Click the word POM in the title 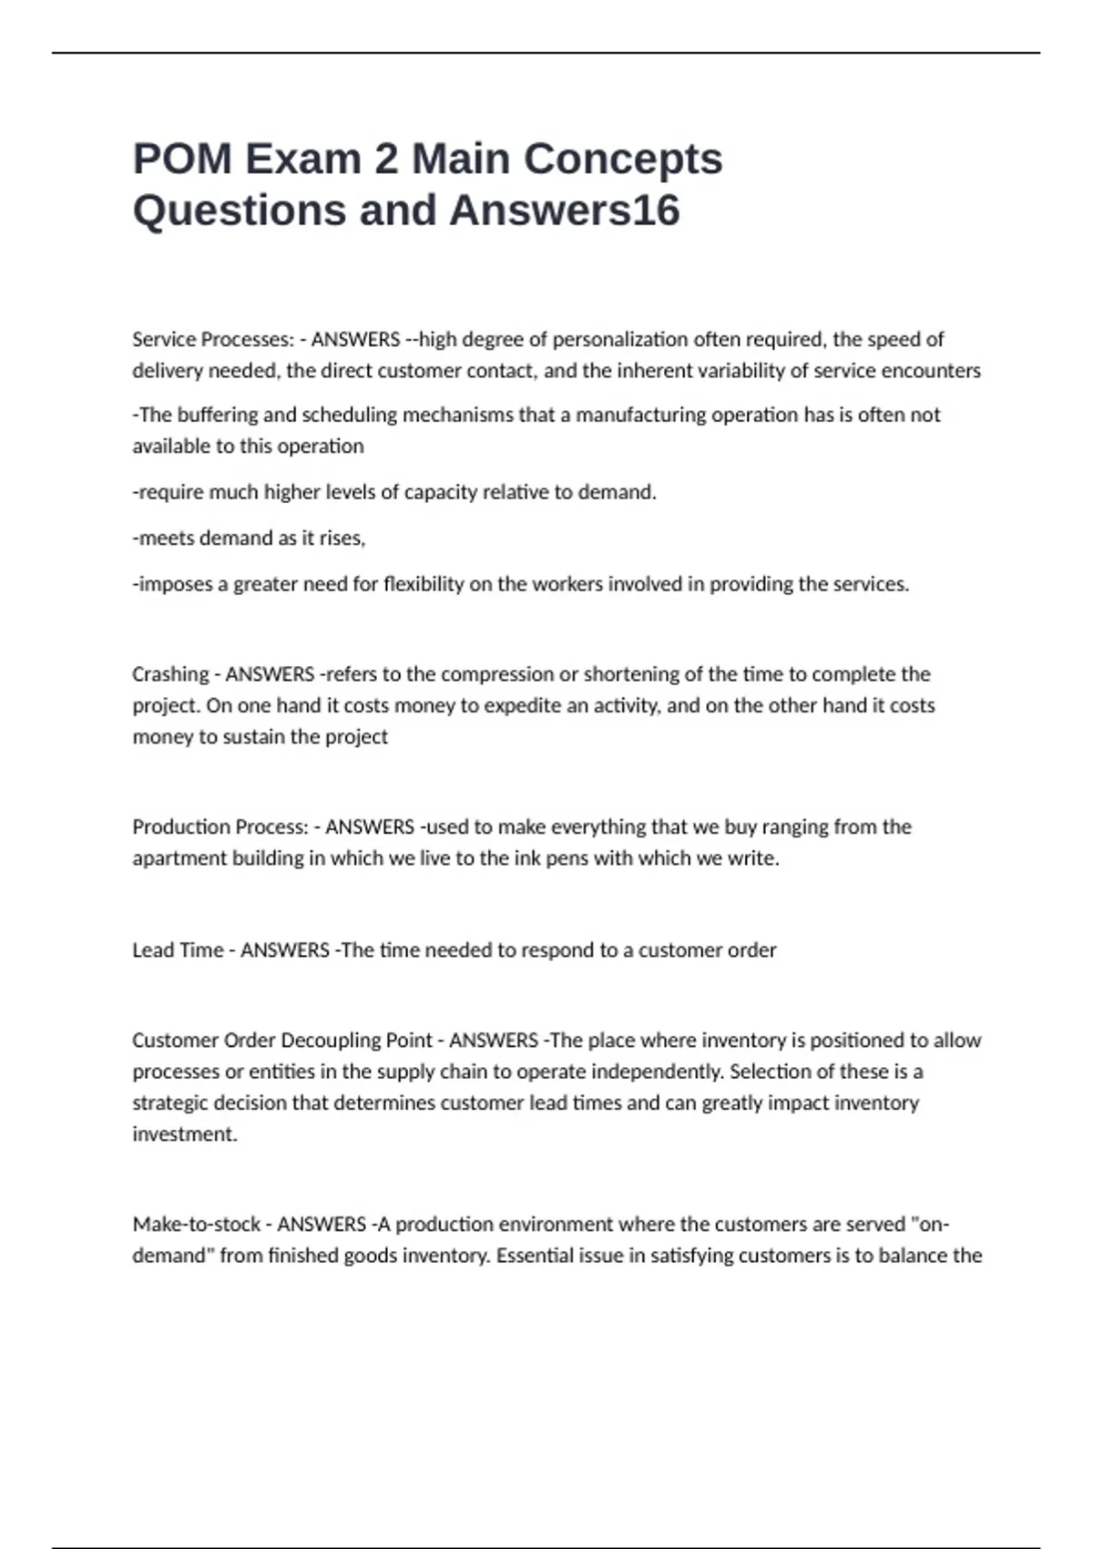pyautogui.click(x=182, y=159)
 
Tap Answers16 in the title pyautogui.click(x=565, y=210)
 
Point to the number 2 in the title pyautogui.click(x=385, y=159)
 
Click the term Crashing pyautogui.click(x=170, y=674)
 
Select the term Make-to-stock pyautogui.click(x=196, y=1224)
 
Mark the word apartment pyautogui.click(x=176, y=858)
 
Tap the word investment pyautogui.click(x=183, y=1134)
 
